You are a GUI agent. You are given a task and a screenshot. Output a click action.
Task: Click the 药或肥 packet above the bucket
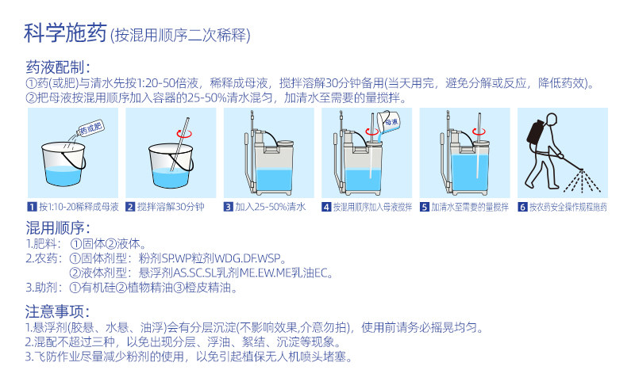point(91,128)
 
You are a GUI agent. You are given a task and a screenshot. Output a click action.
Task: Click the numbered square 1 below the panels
point(32,207)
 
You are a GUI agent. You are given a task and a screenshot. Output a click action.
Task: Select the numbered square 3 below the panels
point(229,207)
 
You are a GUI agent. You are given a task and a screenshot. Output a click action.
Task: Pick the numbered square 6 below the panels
point(522,207)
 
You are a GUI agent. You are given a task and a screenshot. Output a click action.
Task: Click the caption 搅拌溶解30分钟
point(171,207)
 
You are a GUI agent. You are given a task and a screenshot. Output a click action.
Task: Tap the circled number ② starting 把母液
point(32,98)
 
